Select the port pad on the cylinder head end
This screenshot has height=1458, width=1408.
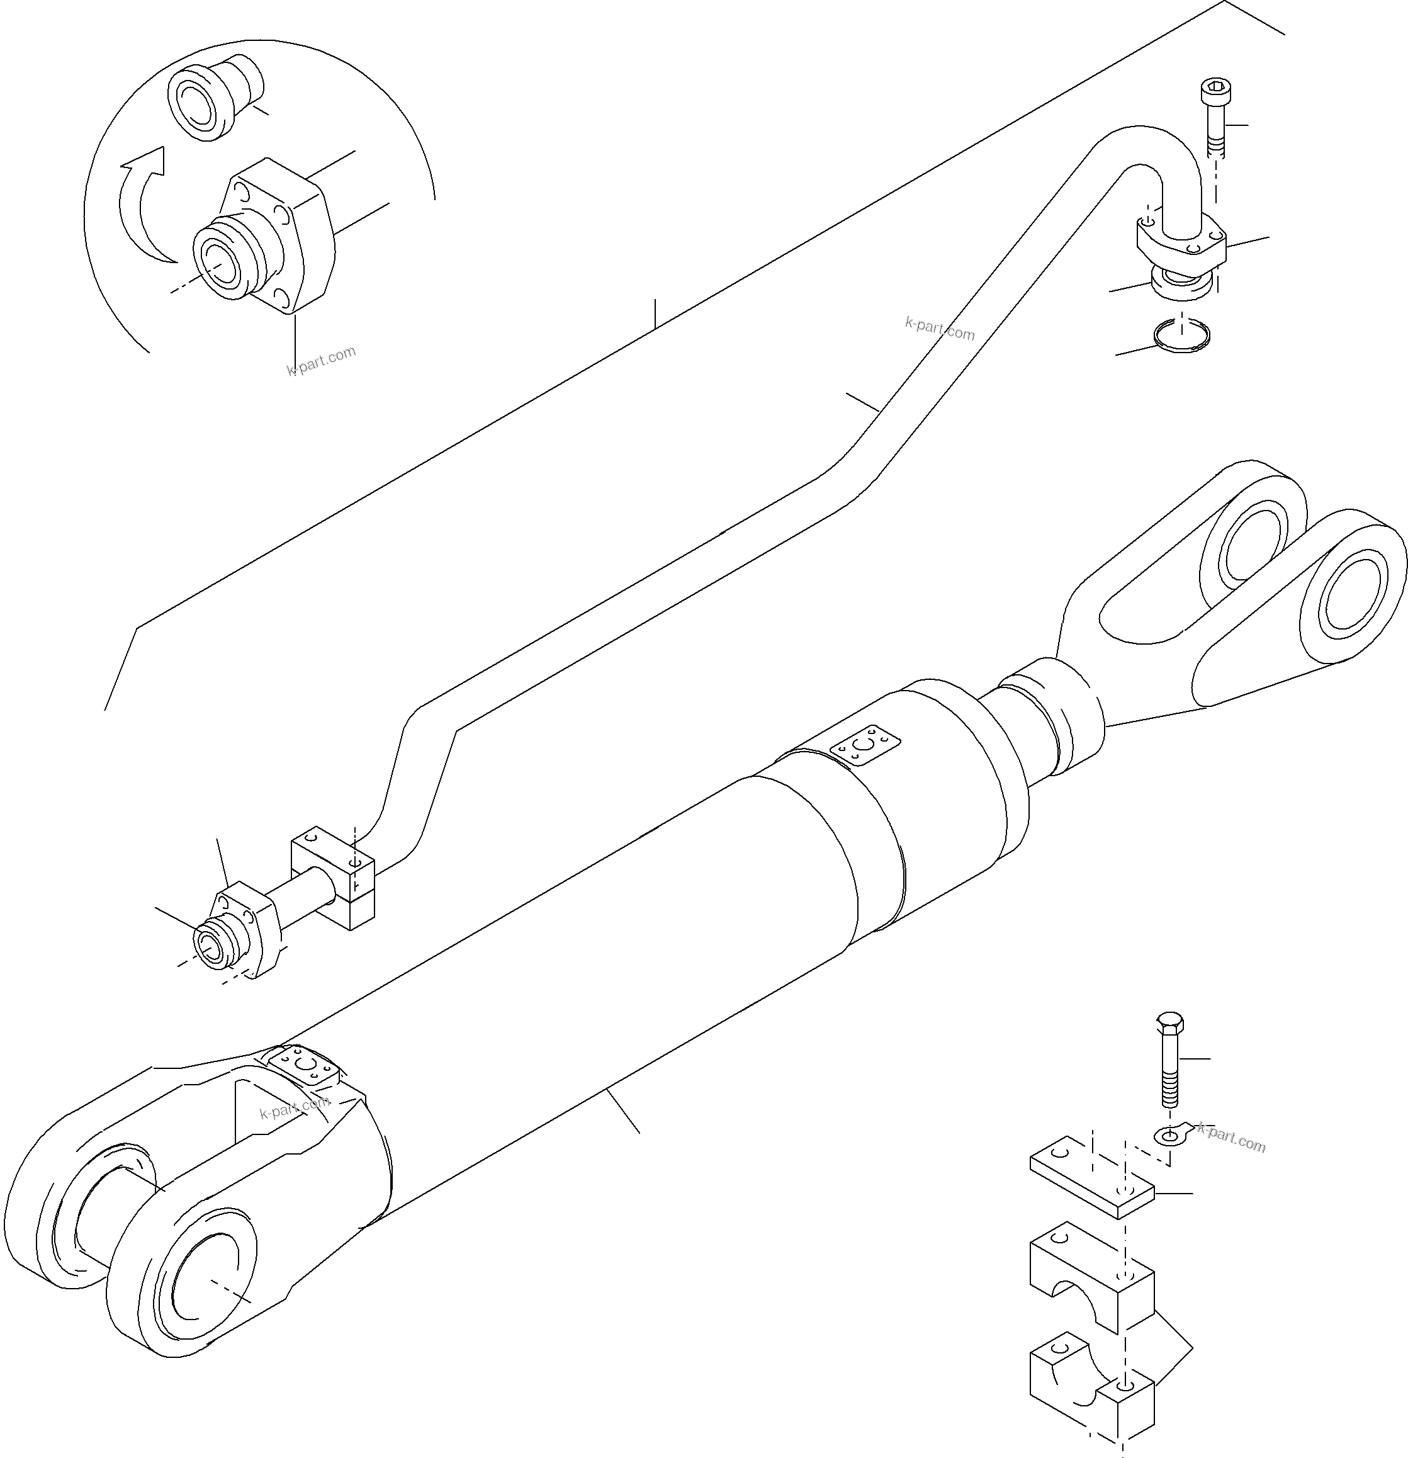click(864, 745)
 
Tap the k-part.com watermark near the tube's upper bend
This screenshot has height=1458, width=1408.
click(940, 328)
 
